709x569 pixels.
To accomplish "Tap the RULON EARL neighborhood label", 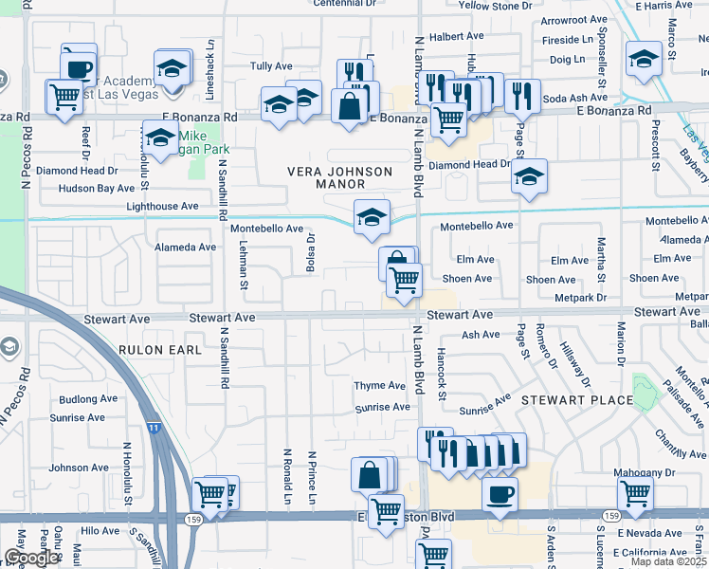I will point(161,350).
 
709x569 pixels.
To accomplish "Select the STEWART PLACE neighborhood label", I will point(576,400).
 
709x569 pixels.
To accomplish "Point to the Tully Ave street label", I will point(271,66).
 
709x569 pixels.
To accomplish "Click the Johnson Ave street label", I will point(79,468).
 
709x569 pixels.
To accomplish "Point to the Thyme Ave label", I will point(379,386).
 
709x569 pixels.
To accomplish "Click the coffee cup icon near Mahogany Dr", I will point(500,493).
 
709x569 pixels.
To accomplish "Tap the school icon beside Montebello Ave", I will point(373,216).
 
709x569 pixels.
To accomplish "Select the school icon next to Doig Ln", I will point(644,61).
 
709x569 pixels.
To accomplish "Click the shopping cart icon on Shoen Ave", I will point(404,281).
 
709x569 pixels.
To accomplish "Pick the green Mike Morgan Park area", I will point(198,157).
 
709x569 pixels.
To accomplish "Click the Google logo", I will point(31,558).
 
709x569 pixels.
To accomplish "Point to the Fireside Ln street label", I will point(573,40).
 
